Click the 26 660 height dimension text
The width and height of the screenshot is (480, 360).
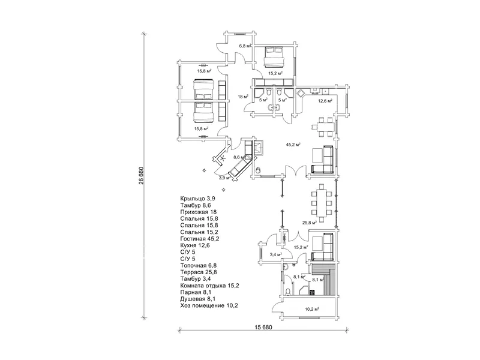(x=141, y=176)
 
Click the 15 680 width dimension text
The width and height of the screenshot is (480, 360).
(x=263, y=327)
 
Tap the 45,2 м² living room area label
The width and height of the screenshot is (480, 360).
(x=293, y=145)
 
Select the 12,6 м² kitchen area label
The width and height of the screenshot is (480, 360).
(x=325, y=100)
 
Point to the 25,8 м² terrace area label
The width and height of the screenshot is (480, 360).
(x=310, y=223)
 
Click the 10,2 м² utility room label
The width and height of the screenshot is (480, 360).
(x=312, y=309)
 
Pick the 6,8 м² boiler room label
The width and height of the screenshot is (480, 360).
(x=245, y=46)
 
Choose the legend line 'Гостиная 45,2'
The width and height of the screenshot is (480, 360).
(x=200, y=239)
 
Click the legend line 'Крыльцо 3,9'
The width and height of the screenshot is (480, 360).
(x=198, y=199)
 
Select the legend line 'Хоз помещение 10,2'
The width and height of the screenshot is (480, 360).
(x=209, y=305)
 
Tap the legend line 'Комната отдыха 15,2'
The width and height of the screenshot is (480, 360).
(x=209, y=286)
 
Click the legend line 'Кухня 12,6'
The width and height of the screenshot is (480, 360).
(x=195, y=245)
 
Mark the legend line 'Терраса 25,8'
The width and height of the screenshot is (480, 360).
(x=199, y=272)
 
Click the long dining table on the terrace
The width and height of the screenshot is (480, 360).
(x=322, y=203)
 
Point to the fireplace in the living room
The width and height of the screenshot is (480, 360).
(x=258, y=148)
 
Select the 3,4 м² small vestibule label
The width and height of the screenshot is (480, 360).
(x=276, y=254)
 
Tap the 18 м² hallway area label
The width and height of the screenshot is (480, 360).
(x=243, y=97)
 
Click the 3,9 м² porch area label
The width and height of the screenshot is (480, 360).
(x=224, y=178)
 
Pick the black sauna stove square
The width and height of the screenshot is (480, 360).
(x=312, y=292)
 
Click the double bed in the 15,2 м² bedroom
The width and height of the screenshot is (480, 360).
(x=274, y=56)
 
